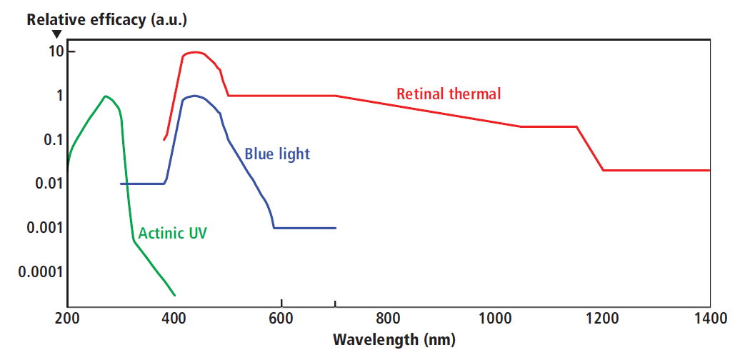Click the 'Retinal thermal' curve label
pyautogui.click(x=449, y=94)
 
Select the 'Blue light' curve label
pyautogui.click(x=277, y=154)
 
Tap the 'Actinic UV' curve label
pyautogui.click(x=172, y=233)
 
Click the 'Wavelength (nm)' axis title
pyautogui.click(x=394, y=339)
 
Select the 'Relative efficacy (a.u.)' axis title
pyautogui.click(x=106, y=19)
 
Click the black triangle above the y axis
pyautogui.click(x=57, y=34)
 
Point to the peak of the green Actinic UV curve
pyautogui.click(x=106, y=96)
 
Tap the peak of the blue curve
pyautogui.click(x=194, y=96)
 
